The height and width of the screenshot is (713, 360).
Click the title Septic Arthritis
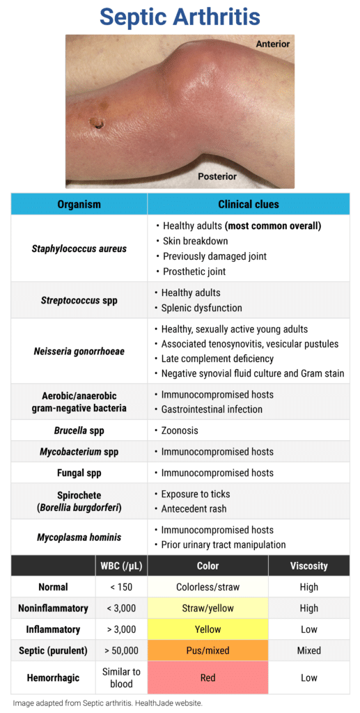[x=180, y=17]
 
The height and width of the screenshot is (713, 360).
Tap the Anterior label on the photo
[x=272, y=44]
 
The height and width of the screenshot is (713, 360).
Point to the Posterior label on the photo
[x=217, y=176]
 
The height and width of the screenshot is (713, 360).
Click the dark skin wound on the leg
[x=97, y=124]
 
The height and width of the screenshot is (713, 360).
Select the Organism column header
[x=79, y=204]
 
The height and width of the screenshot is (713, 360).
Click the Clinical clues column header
[x=248, y=204]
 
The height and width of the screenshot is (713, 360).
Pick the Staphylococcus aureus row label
[x=79, y=249]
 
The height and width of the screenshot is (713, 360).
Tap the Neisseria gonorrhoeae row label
[x=79, y=351]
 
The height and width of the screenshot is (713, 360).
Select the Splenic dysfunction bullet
[x=201, y=308]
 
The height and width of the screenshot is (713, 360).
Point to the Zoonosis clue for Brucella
[x=180, y=430]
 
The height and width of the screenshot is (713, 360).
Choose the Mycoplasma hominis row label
[x=79, y=537]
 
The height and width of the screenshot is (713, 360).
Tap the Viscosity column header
[x=308, y=565]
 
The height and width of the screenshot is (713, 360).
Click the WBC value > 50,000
[x=121, y=650]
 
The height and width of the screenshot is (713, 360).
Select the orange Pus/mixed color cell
[x=208, y=650]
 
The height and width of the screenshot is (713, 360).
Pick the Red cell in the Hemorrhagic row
[x=208, y=677]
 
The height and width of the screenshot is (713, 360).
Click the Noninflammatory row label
[x=53, y=608]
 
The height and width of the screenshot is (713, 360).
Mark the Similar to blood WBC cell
[x=121, y=677]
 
